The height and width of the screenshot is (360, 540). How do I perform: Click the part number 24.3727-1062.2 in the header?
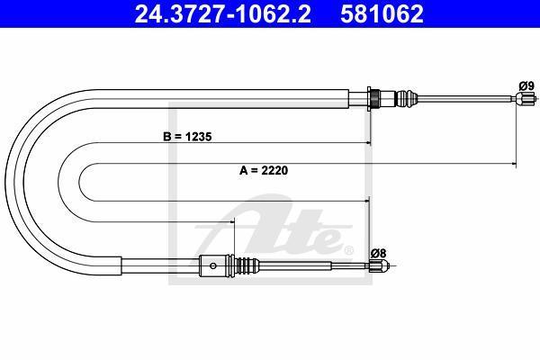223,13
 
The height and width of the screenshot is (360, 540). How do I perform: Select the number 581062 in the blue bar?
382,13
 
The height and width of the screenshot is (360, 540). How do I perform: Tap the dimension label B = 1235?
187,137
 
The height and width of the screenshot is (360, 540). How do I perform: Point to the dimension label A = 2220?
264,170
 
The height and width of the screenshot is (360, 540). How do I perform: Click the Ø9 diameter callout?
526,85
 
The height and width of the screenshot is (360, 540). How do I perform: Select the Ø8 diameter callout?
379,253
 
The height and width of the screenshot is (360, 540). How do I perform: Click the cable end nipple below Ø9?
526,99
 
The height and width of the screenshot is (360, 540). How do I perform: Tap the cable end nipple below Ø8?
379,265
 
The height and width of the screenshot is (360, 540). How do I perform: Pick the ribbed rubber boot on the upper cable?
407,99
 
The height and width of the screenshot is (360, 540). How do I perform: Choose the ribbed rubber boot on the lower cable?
247,265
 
